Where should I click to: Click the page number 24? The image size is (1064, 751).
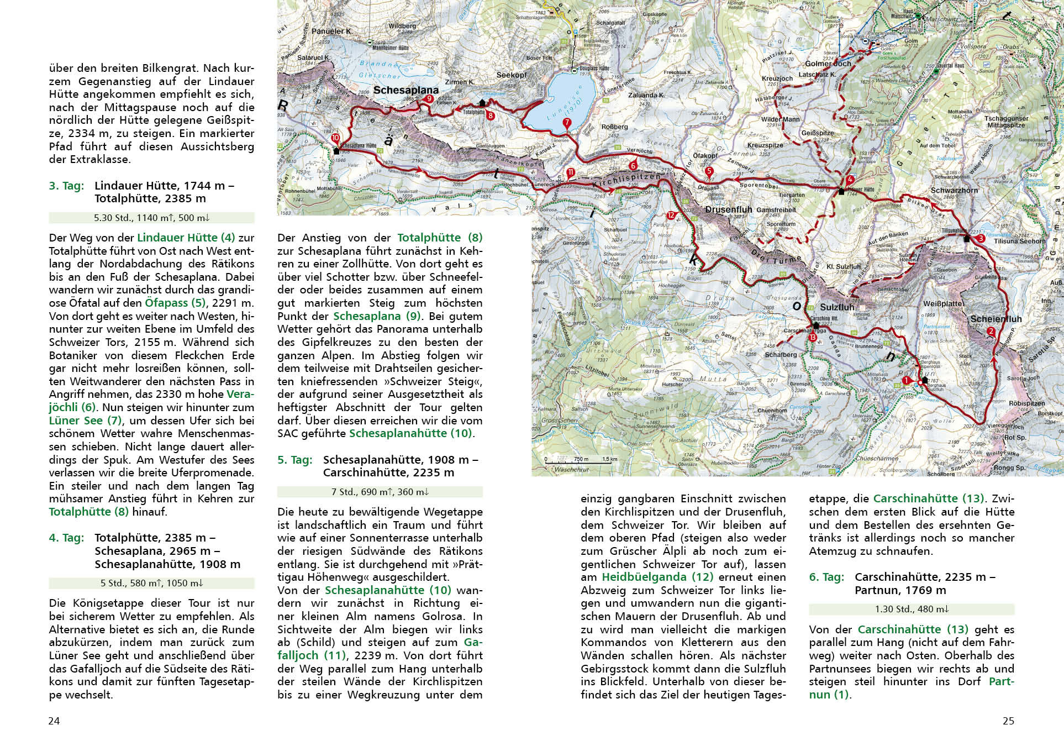click(x=54, y=721)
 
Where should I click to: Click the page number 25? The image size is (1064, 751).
click(x=1008, y=721)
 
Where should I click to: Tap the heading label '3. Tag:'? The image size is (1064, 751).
click(x=66, y=186)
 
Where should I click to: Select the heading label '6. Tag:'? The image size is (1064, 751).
click(x=826, y=577)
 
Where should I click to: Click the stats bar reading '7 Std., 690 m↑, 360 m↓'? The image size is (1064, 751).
click(x=380, y=492)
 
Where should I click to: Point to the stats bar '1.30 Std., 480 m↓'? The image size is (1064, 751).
click(x=911, y=609)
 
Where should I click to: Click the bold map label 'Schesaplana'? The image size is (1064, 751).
click(x=405, y=90)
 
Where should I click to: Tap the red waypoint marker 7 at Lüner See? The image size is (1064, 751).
click(x=566, y=123)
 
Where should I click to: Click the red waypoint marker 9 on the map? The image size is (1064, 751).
click(x=429, y=99)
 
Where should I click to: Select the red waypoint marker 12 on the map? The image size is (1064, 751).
click(x=671, y=216)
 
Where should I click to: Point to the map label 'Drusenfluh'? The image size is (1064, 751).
click(x=729, y=209)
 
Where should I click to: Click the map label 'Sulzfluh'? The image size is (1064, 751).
click(x=836, y=307)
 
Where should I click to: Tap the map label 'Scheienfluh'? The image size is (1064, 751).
click(x=995, y=319)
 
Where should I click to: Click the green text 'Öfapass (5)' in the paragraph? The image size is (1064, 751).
click(x=174, y=303)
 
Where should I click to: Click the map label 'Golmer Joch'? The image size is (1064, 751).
click(x=827, y=64)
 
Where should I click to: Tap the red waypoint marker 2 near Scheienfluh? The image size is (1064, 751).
click(x=991, y=332)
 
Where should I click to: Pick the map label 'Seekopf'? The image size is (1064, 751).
click(x=511, y=75)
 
